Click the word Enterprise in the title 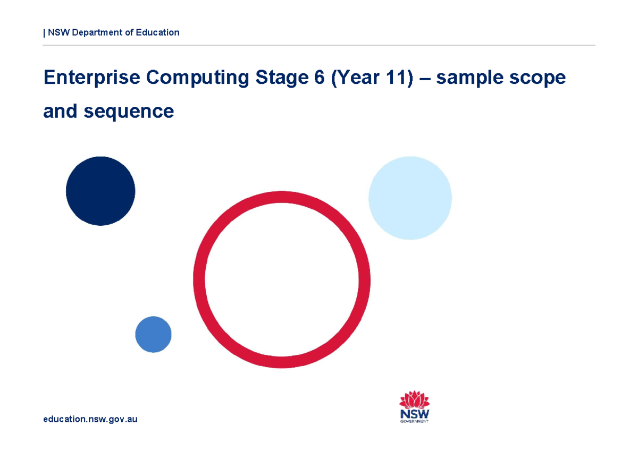pos(92,78)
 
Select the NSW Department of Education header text pos(112,32)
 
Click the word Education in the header pos(157,32)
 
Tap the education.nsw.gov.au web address pos(90,419)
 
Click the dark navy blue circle pos(100,191)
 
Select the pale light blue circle pos(410,198)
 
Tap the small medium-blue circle pos(153,334)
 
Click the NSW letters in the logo pos(414,413)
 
